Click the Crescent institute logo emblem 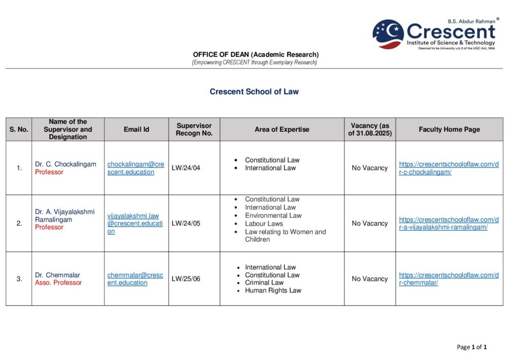388,34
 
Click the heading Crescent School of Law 254,91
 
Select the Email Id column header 136,129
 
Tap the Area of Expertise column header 282,129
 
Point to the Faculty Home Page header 449,129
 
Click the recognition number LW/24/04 186,168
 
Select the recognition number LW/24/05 186,223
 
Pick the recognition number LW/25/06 186,279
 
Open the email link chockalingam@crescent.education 135,168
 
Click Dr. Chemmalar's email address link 135,279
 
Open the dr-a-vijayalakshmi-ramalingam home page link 448,223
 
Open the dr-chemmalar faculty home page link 448,279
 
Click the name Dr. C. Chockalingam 66,164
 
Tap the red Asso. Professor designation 58,283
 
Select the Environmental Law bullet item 273,215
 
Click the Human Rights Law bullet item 273,290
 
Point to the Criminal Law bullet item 264,282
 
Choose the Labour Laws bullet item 263,224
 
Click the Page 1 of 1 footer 472,347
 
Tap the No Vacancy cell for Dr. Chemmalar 370,279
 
